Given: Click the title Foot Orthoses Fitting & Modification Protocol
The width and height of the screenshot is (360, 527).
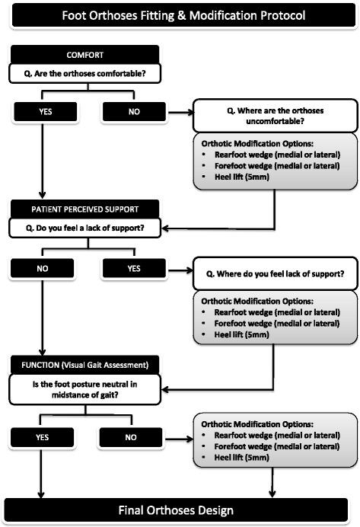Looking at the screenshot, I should pyautogui.click(x=180, y=14).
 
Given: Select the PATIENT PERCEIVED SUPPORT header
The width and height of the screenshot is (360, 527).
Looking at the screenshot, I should pyautogui.click(x=84, y=208).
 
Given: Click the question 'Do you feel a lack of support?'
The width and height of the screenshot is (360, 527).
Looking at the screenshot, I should pyautogui.click(x=84, y=227).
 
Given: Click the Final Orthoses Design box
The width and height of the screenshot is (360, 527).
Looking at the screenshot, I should pyautogui.click(x=180, y=509).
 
